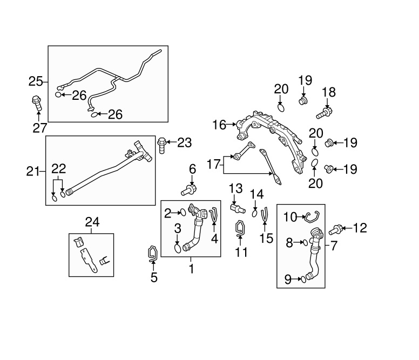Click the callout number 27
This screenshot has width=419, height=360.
point(39,127)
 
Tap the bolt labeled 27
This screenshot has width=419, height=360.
point(37,102)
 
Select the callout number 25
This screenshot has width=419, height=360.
point(36,81)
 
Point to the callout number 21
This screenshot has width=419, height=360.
point(33,172)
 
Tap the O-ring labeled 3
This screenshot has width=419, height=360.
point(178,248)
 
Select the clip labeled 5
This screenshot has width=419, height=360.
point(153,253)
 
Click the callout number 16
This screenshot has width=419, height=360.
point(219,125)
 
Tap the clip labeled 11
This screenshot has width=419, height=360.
point(240,229)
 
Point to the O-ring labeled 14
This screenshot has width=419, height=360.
point(255,213)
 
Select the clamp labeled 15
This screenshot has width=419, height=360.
point(265,214)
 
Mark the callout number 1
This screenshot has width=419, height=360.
point(191,268)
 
